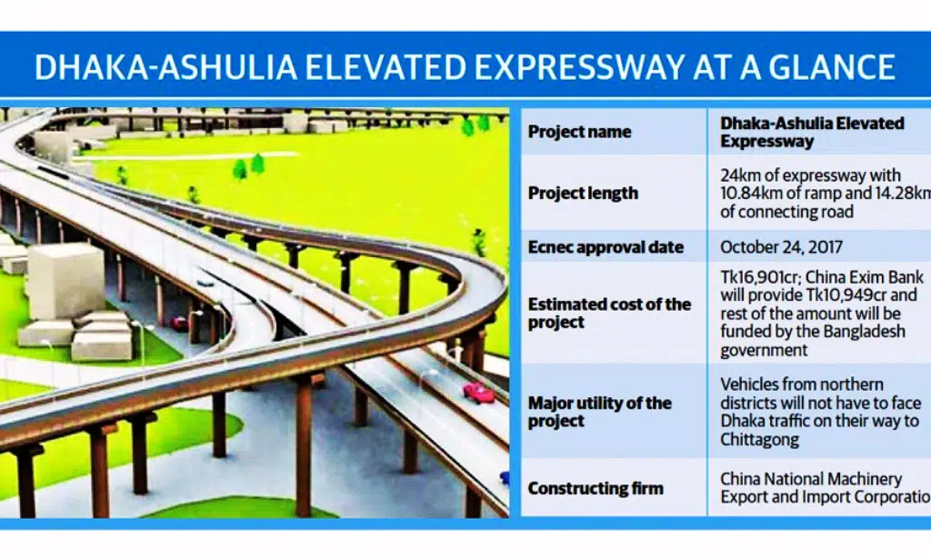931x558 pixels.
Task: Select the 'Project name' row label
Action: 579,132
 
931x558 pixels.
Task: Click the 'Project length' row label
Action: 583,193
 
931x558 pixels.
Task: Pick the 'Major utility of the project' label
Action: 600,412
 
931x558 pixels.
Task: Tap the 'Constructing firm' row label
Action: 596,488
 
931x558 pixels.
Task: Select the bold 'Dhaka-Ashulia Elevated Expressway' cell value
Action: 812,132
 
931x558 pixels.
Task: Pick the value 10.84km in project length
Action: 752,194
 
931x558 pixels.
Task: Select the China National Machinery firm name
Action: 811,479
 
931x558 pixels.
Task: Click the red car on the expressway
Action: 478,393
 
